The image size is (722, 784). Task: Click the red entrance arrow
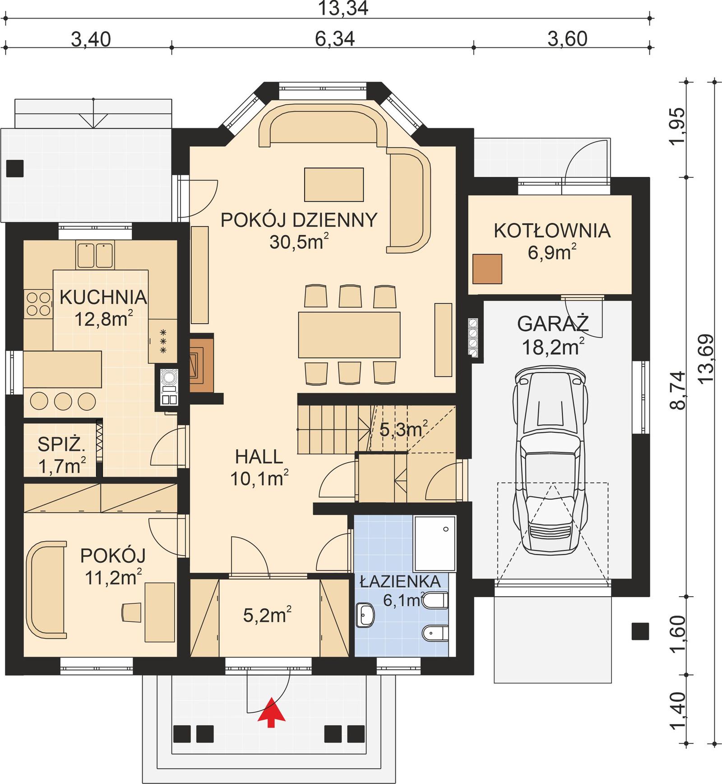click(271, 712)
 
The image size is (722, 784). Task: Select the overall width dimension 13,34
click(343, 9)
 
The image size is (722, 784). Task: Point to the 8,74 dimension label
click(678, 390)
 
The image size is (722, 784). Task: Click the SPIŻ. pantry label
click(61, 445)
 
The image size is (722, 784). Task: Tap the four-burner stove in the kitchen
click(38, 304)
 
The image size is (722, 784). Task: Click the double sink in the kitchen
click(95, 255)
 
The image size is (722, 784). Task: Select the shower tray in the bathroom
click(435, 543)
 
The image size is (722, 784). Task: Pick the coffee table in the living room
click(334, 185)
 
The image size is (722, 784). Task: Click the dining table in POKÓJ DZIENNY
click(349, 334)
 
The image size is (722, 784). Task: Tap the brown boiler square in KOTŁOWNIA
click(487, 269)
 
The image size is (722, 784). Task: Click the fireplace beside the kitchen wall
click(201, 364)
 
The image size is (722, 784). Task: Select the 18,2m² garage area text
click(553, 347)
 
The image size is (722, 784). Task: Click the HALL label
click(259, 457)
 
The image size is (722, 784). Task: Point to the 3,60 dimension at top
click(567, 39)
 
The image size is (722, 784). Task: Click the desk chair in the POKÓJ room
click(132, 612)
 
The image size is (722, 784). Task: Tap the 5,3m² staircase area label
click(403, 430)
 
